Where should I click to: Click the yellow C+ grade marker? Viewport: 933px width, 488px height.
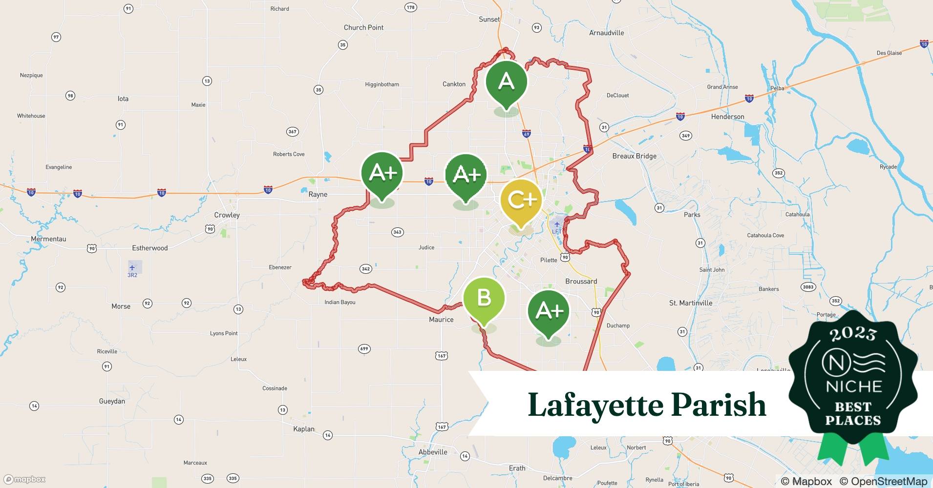[521, 200]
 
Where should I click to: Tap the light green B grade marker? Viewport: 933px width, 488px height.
[484, 297]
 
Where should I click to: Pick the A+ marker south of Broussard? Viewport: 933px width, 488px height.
[549, 311]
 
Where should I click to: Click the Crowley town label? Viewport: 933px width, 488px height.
[227, 215]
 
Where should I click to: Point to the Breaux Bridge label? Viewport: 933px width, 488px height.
[634, 156]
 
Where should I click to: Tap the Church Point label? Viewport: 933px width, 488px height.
[363, 28]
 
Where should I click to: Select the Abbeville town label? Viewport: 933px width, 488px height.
[433, 452]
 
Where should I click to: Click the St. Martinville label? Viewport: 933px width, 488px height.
[690, 303]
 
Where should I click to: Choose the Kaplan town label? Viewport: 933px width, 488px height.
[304, 429]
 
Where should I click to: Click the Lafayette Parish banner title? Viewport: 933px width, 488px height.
[647, 405]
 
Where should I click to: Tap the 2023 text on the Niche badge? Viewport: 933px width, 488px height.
[853, 334]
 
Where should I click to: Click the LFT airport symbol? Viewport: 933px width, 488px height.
[557, 224]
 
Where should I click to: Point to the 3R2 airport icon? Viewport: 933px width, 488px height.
[132, 267]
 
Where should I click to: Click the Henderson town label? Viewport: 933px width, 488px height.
[727, 117]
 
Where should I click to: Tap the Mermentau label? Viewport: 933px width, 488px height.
[48, 239]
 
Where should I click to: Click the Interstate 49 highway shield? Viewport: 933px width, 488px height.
[526, 134]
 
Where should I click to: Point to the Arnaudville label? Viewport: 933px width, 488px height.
[606, 33]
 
